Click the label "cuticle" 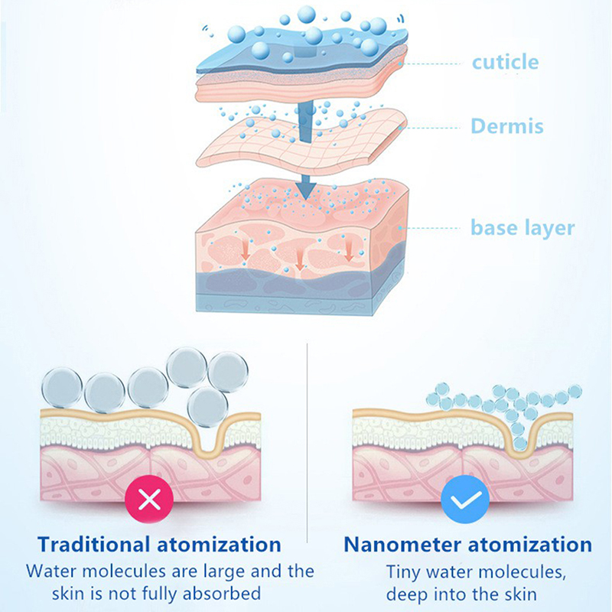(505, 63)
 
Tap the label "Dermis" (507, 126)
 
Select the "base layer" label (522, 228)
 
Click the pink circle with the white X (149, 500)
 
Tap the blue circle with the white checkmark (465, 500)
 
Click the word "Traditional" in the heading (94, 544)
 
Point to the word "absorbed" (221, 594)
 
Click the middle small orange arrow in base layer (299, 259)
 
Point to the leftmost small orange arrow (245, 250)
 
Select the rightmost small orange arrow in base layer (349, 250)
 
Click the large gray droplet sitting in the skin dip (207, 407)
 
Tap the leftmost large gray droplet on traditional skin (62, 388)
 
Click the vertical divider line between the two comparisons (308, 443)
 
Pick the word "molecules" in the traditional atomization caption (123, 571)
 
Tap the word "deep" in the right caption (408, 594)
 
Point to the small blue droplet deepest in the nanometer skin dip (519, 444)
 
